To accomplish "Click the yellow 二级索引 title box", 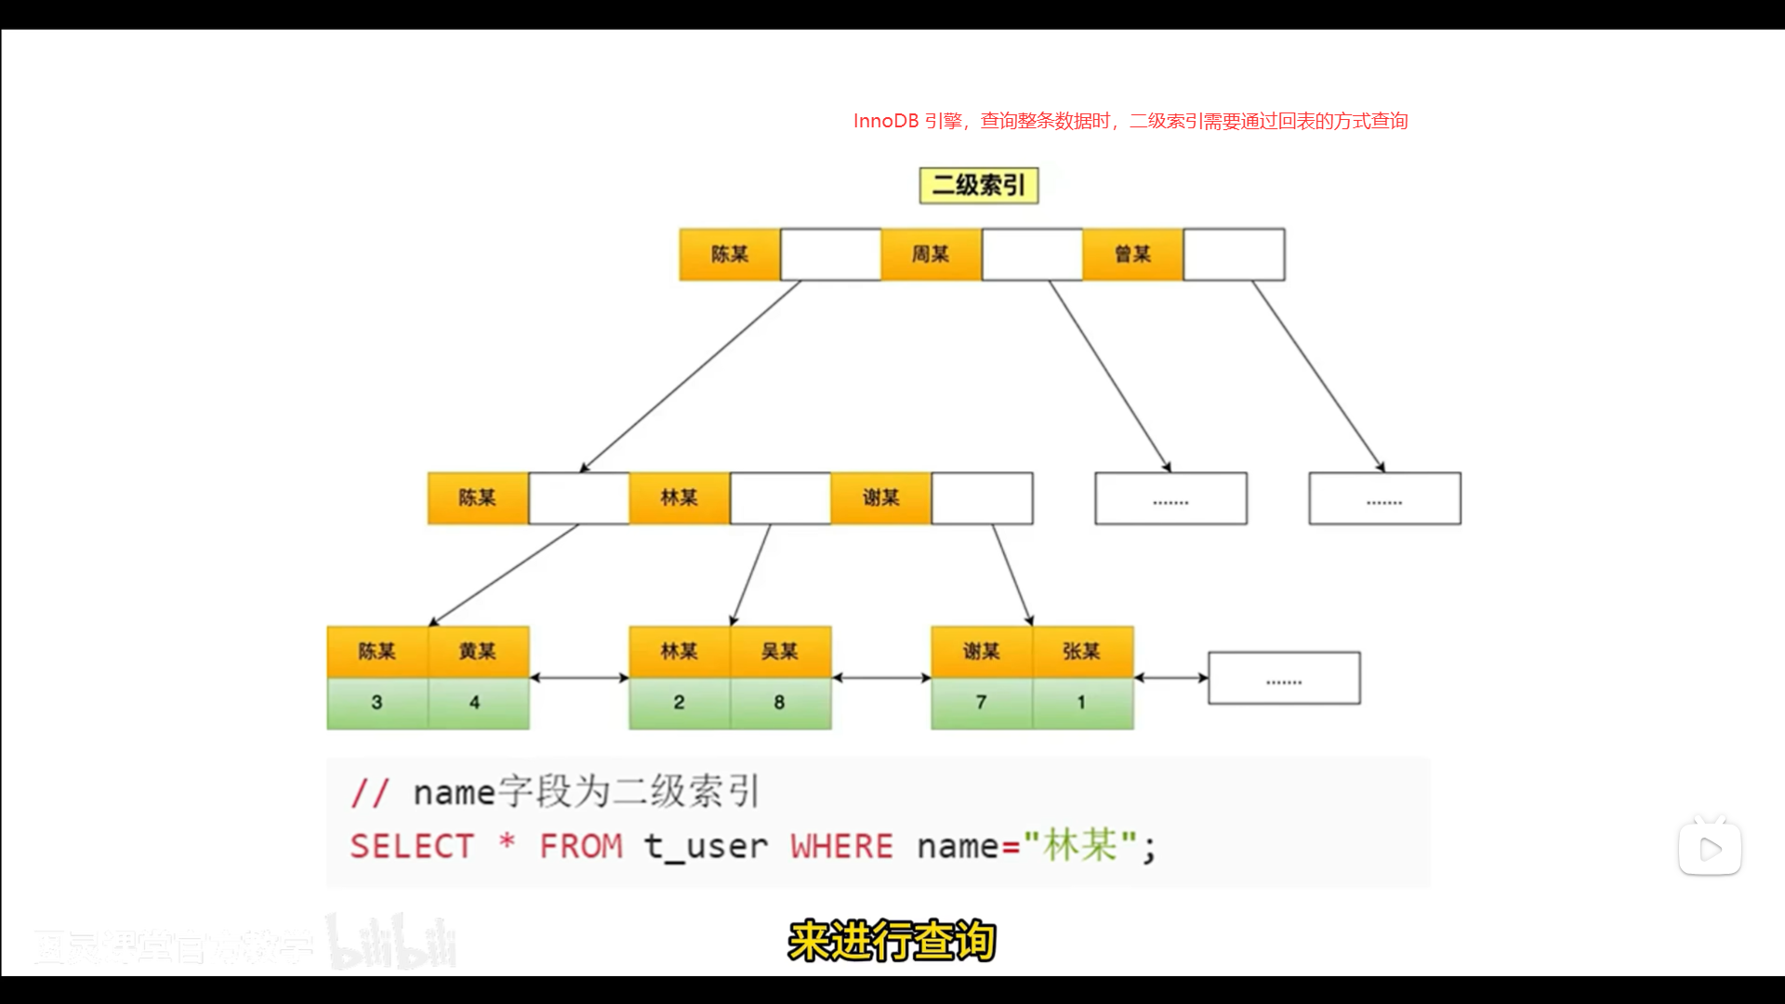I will coord(978,185).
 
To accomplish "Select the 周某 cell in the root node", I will coord(931,254).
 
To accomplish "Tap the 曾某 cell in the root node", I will coord(1132,254).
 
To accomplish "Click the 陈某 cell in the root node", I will coord(730,254).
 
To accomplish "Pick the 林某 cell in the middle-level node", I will coord(679,497).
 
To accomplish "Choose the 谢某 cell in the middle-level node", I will coord(880,497).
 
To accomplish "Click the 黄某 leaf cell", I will coord(478,651).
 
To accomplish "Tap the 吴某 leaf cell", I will coord(780,651).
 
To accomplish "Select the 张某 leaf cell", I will coord(1082,651).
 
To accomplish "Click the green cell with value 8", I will coord(780,703).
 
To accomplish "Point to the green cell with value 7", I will coord(982,703).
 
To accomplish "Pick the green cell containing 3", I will coord(377,703).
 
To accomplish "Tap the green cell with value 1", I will coord(1082,703).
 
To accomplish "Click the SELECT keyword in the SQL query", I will coord(412,846).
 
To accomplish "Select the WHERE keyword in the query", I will coord(841,846).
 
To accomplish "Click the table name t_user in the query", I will coord(707,846).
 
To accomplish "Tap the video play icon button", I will coord(1710,848).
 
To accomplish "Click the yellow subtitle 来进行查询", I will coord(892,941).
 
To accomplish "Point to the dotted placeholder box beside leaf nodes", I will coord(1284,678).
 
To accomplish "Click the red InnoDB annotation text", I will coord(1130,121).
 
